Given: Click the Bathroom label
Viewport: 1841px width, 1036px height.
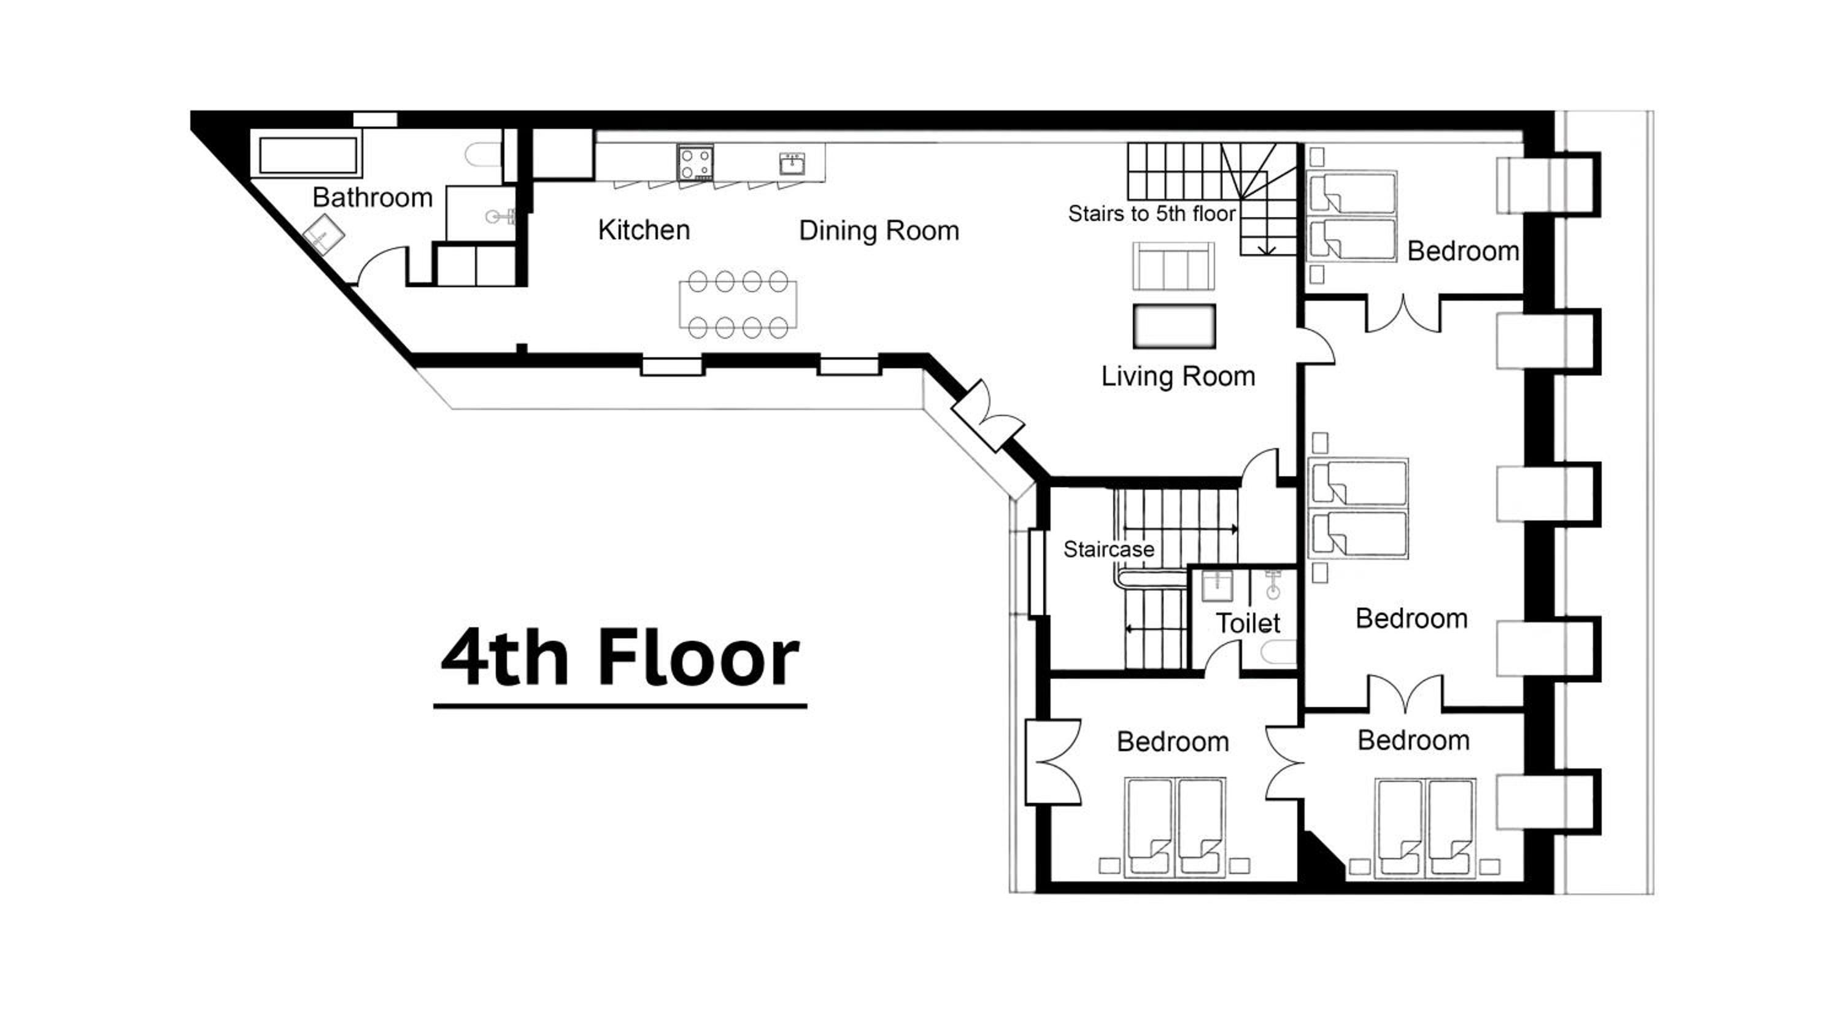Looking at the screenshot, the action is [372, 198].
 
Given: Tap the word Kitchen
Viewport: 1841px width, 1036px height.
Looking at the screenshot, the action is [643, 230].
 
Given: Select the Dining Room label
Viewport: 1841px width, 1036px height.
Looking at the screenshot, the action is [878, 230].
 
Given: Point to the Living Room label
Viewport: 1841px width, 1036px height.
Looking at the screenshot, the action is [1178, 377].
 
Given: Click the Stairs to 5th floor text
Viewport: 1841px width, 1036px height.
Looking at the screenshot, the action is [1151, 213].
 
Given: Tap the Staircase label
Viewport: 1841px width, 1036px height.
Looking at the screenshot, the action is [1108, 549].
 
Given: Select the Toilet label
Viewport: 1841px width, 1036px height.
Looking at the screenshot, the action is [1248, 624].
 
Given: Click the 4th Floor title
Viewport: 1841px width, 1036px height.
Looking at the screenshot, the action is [620, 658].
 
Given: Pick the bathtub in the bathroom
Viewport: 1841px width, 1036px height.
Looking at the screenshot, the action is [307, 155].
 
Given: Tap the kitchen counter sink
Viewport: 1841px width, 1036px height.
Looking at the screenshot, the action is [792, 164].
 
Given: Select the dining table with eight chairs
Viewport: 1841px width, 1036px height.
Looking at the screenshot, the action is [738, 304].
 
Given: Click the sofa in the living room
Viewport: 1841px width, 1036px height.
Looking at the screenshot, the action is [1173, 265].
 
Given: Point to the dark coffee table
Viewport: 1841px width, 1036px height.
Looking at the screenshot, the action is [1174, 327].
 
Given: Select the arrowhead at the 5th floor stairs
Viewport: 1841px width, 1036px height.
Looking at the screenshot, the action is [1267, 250].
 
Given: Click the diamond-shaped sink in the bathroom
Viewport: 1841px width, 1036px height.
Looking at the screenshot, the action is [323, 236].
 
